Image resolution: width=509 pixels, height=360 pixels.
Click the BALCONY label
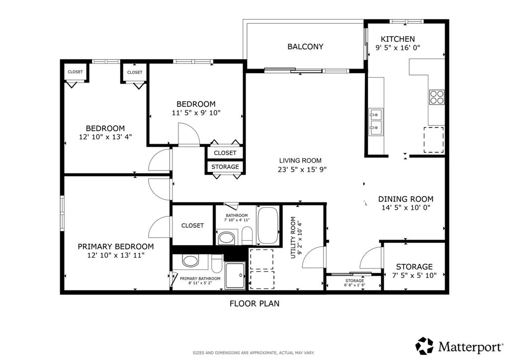point(305,47)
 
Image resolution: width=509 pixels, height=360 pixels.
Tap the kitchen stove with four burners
point(436,97)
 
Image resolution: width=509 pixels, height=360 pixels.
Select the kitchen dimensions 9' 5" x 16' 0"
point(398,48)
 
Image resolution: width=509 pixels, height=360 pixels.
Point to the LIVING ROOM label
point(300,161)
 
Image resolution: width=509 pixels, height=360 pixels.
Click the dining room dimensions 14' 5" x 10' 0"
point(406,208)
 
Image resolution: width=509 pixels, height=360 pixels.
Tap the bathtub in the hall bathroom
point(268,225)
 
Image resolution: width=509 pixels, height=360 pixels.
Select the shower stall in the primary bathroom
point(235,275)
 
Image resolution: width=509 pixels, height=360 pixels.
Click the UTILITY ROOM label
point(293,238)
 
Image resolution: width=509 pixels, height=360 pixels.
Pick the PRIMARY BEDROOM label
point(115,247)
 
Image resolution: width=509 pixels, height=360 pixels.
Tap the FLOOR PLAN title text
point(254,303)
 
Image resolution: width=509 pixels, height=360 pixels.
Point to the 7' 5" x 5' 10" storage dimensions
point(414,275)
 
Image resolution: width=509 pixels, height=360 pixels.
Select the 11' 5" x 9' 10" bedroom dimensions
point(196,113)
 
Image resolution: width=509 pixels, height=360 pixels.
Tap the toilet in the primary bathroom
point(217,263)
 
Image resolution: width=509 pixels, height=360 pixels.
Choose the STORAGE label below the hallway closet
point(225,167)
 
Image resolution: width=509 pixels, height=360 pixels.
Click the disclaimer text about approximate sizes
point(254,353)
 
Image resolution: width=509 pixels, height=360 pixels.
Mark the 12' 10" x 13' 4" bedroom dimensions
point(105,137)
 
